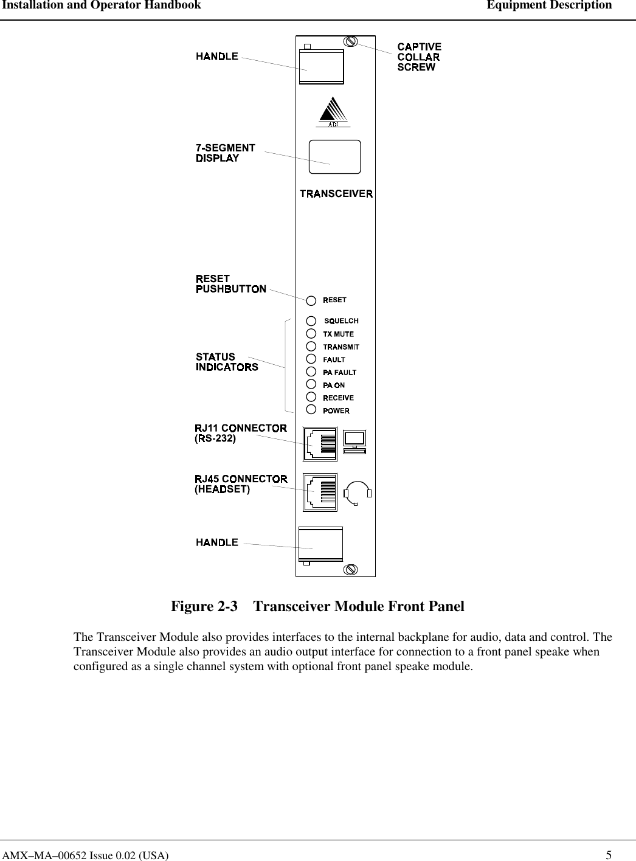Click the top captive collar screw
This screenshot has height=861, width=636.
click(350, 42)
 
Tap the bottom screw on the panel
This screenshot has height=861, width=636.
click(350, 569)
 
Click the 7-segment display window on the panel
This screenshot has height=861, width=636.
click(335, 157)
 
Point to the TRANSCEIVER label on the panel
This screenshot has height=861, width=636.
click(336, 194)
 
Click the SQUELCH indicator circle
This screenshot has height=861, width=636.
click(311, 320)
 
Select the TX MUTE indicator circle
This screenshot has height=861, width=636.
click(311, 333)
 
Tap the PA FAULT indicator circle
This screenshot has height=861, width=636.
click(311, 372)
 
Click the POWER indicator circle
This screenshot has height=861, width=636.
click(311, 410)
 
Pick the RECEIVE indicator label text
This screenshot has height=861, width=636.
click(338, 398)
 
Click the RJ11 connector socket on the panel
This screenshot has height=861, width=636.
click(320, 444)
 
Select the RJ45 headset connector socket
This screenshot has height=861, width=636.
click(320, 491)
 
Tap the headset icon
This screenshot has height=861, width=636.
click(358, 493)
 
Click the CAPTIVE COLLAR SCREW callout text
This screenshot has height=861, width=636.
click(419, 57)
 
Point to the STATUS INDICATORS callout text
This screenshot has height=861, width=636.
click(227, 362)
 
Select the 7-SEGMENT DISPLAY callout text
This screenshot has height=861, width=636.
click(225, 153)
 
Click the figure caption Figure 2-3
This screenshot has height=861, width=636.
click(317, 606)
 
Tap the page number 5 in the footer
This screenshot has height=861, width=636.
click(609, 855)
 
